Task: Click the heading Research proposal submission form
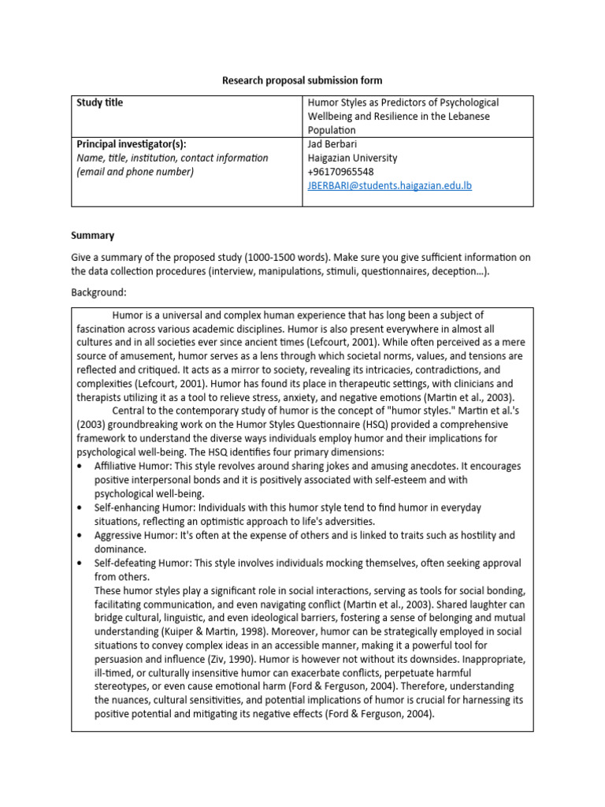302,80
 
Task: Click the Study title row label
99,102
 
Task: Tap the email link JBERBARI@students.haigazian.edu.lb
389,185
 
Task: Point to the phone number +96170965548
340,172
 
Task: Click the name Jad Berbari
333,144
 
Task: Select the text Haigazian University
352,158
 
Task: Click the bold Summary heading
92,235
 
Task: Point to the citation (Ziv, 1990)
252,659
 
